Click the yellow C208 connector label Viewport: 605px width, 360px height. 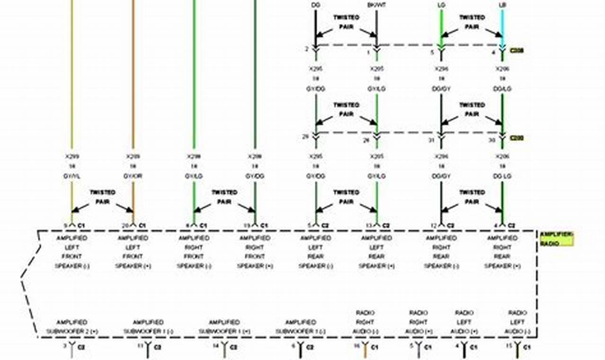(516, 50)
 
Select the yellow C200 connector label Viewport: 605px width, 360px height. (516, 138)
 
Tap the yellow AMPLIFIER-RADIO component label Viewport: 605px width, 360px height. (556, 239)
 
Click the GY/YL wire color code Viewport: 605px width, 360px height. (72, 176)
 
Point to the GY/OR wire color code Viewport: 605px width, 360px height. (133, 176)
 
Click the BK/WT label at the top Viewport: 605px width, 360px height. (376, 5)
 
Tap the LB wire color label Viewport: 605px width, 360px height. (502, 5)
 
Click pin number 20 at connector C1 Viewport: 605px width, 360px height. (125, 225)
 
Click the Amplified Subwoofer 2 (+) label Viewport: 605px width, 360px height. (72, 326)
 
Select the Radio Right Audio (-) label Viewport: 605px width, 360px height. (365, 322)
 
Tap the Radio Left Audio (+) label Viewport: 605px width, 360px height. (464, 322)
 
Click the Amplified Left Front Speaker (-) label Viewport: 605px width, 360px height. (72, 252)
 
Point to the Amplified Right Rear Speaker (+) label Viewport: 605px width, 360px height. (502, 252)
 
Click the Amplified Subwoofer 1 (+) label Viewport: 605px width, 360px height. (224, 326)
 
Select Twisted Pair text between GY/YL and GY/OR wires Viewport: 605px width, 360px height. (102, 197)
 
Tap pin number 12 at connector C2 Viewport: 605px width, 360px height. (434, 225)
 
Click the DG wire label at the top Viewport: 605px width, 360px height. (315, 5)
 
